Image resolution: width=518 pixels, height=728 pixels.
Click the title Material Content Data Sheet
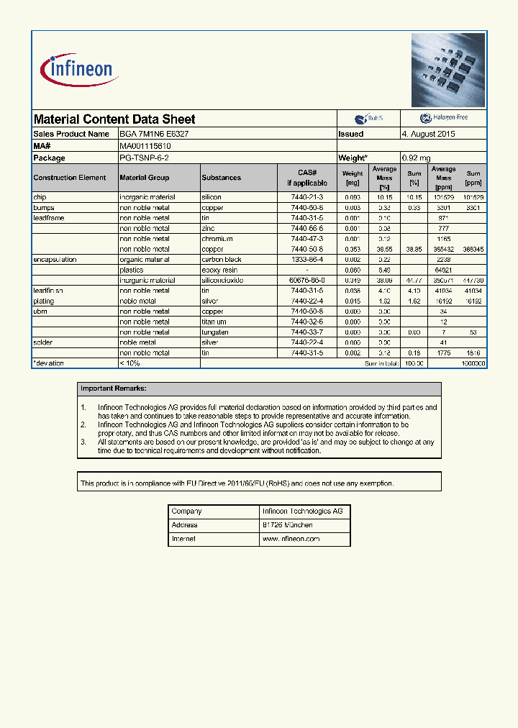click(x=114, y=119)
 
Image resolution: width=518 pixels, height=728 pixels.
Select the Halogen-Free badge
click(x=443, y=118)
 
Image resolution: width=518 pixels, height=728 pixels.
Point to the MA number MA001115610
click(x=145, y=146)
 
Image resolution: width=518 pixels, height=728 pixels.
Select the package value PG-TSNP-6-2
click(x=145, y=158)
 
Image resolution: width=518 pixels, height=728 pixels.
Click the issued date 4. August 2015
click(x=428, y=134)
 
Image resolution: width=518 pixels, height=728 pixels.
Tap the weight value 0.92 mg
click(x=417, y=158)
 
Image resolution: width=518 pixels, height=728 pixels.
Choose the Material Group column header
click(x=145, y=178)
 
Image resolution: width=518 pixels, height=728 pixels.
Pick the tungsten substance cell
click(x=215, y=332)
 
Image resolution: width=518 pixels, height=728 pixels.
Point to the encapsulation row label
click(x=55, y=260)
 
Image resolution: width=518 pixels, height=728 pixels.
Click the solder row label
click(x=43, y=342)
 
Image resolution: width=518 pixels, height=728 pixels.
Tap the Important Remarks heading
click(x=114, y=388)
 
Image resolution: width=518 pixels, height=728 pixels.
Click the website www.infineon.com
click(x=291, y=539)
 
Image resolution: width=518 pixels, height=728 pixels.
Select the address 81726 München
click(x=287, y=525)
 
